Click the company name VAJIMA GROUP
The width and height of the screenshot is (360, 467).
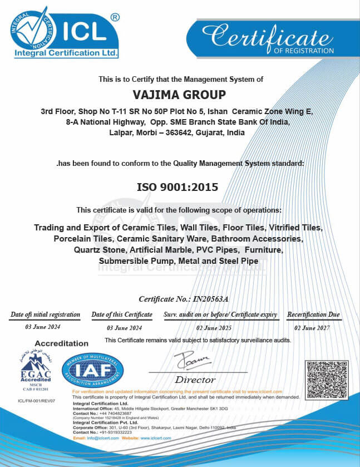tap(180, 95)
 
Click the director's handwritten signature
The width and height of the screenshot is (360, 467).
tap(191, 362)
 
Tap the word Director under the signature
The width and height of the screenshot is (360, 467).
tap(195, 380)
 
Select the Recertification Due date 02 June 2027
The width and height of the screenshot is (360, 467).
tap(312, 328)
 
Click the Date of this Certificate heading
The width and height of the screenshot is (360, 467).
tap(121, 315)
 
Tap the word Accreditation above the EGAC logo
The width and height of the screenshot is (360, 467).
tap(61, 343)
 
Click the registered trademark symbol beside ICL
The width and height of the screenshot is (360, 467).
tap(115, 17)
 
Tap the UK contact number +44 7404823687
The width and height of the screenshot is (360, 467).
tap(114, 414)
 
